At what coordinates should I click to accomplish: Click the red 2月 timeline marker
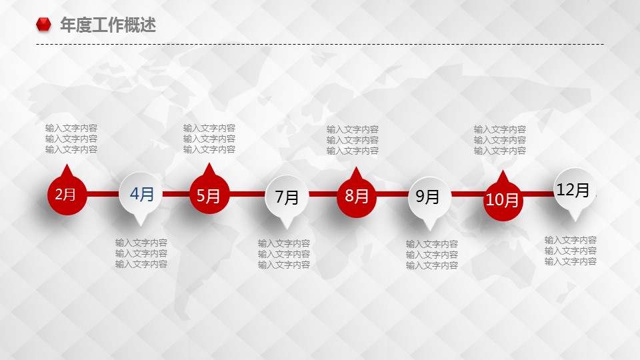67,194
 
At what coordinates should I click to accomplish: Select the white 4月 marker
140,194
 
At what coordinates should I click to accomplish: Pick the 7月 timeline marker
287,197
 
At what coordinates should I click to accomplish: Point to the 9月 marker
429,198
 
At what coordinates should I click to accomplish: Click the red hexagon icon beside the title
44,25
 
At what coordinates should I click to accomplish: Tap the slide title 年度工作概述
108,25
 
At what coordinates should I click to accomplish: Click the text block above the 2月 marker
71,139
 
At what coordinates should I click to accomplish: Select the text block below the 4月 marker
141,253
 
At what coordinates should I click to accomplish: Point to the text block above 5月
209,139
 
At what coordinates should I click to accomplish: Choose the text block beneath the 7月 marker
284,254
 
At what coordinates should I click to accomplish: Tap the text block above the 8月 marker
353,140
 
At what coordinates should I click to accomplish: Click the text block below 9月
432,255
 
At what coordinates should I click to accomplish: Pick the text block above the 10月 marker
500,140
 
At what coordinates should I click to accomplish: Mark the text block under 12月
571,251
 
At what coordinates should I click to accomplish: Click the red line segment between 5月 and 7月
247,194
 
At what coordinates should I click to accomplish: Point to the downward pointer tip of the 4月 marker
141,226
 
